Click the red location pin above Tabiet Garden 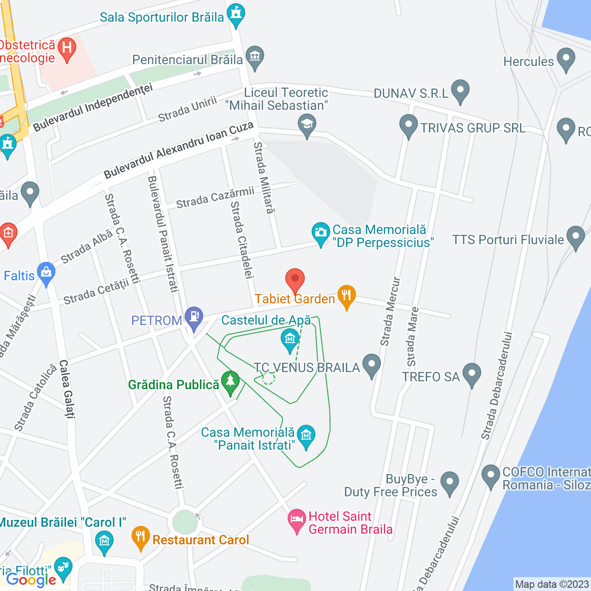point(295,279)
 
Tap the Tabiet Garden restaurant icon point(346,295)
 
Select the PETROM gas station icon point(194,317)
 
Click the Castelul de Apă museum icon point(290,340)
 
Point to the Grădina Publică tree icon point(230,382)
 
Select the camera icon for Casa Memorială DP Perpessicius point(320,233)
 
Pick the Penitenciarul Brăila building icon point(254,57)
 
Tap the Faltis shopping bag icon point(46,273)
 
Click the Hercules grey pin point(566,59)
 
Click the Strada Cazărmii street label point(215,198)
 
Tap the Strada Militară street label point(264,178)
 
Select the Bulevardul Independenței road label point(92,107)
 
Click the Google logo point(31,580)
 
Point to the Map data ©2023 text point(552,585)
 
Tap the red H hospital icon point(67,48)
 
